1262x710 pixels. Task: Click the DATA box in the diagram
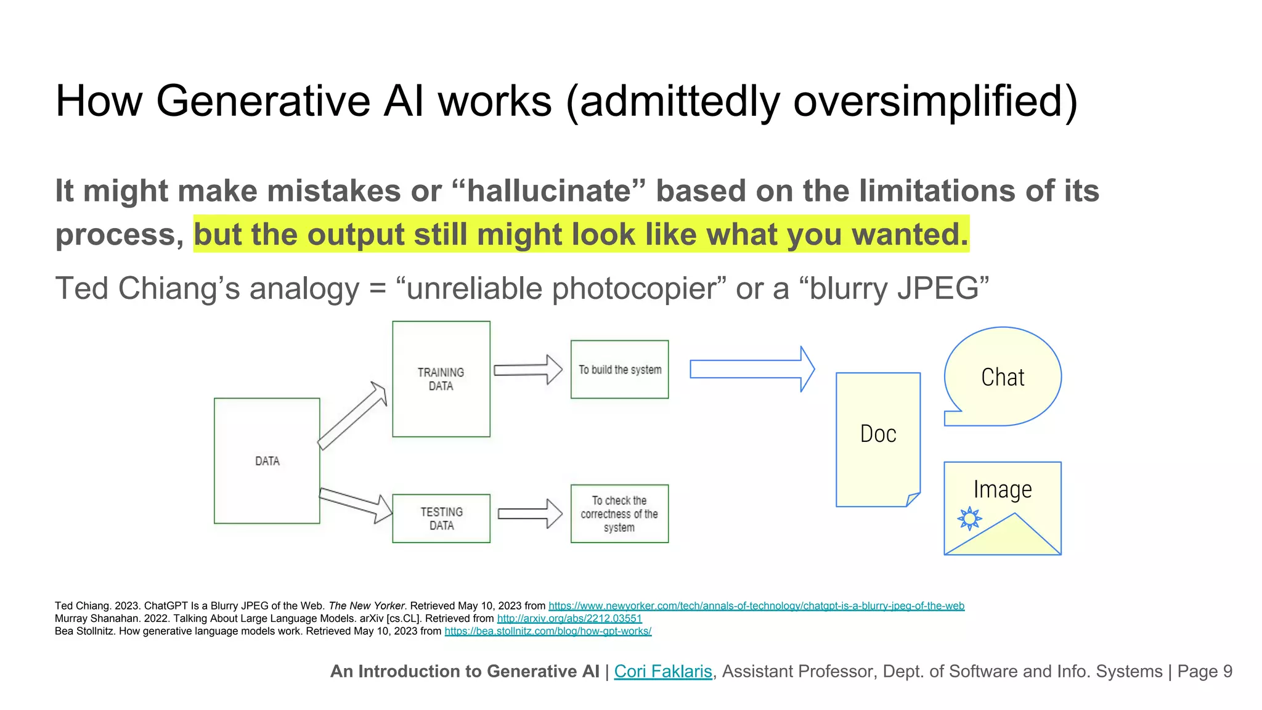pyautogui.click(x=267, y=460)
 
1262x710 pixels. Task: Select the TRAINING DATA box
pyautogui.click(x=441, y=379)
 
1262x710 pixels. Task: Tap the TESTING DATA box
pyautogui.click(x=441, y=518)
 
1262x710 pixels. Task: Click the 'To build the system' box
pyautogui.click(x=619, y=369)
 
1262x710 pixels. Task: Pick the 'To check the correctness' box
pyautogui.click(x=619, y=513)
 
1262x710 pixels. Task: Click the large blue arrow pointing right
pyautogui.click(x=752, y=369)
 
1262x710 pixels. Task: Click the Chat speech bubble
pyautogui.click(x=1003, y=377)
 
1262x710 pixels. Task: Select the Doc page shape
pyautogui.click(x=877, y=439)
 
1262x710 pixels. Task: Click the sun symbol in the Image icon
pyautogui.click(x=970, y=518)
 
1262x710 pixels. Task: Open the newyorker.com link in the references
pyautogui.click(x=756, y=606)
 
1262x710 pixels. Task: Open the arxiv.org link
pyautogui.click(x=569, y=618)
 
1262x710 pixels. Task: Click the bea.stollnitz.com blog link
pyautogui.click(x=548, y=631)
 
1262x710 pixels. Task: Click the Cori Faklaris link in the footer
pyautogui.click(x=663, y=671)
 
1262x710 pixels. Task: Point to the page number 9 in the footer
pyautogui.click(x=1227, y=671)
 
